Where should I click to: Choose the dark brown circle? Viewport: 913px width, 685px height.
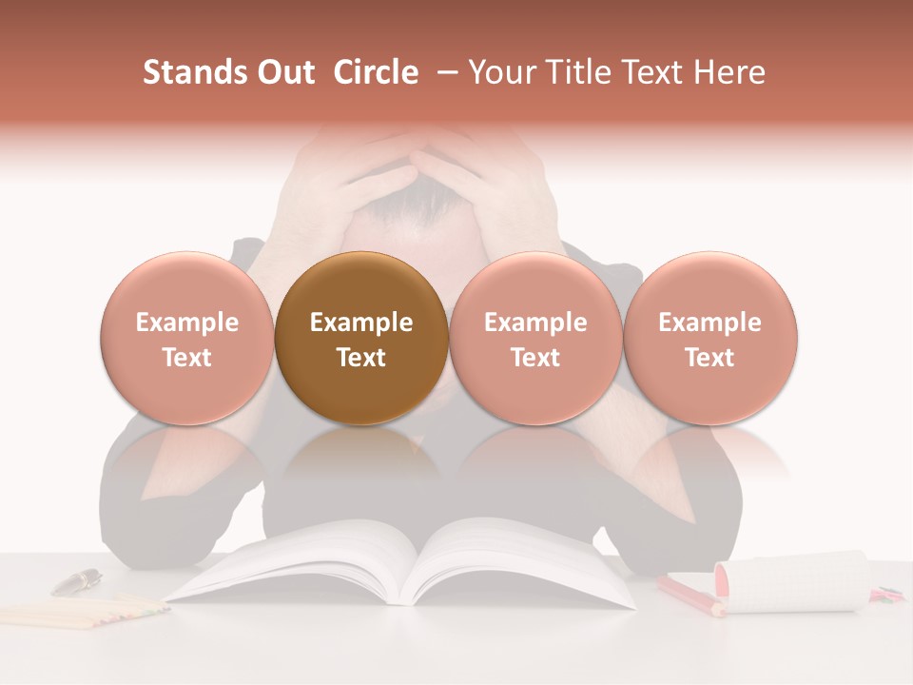[361, 338]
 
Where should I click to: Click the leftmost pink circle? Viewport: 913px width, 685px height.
[187, 338]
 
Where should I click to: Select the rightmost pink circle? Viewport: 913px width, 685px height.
[710, 338]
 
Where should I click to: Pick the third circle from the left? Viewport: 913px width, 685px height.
[535, 338]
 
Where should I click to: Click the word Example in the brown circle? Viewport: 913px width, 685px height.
[361, 323]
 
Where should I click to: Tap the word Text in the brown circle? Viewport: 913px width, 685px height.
[361, 358]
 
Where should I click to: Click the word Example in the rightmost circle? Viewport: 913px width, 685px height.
[710, 323]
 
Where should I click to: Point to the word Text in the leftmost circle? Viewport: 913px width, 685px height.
[187, 358]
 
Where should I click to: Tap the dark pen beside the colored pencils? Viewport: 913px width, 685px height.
[77, 580]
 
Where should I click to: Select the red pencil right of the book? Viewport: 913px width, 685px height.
[690, 596]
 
